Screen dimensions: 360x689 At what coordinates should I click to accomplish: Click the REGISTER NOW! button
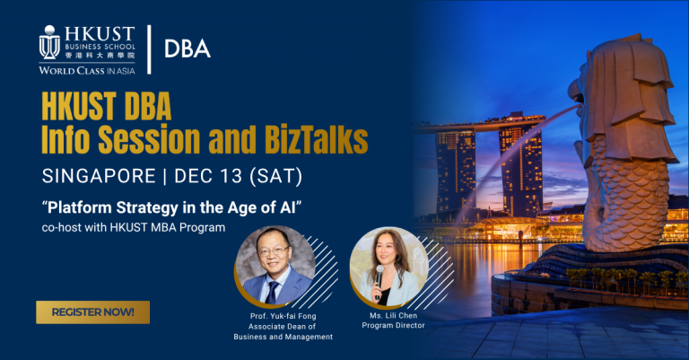click(x=93, y=312)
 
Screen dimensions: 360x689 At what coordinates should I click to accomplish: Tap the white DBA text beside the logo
click(x=188, y=48)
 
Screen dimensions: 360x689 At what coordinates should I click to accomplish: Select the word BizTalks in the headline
click(x=308, y=140)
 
